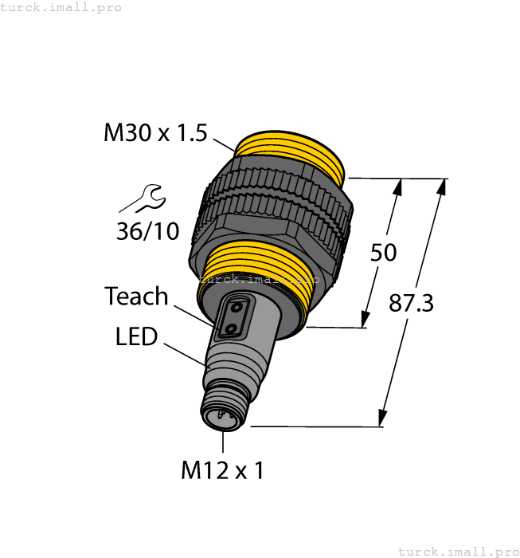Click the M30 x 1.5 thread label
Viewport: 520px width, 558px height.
pos(154,133)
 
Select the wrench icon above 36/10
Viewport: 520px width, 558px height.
pos(148,197)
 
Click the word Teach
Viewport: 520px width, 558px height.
pos(136,297)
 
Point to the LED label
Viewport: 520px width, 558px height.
pos(136,337)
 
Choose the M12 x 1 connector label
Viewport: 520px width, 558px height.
pos(222,471)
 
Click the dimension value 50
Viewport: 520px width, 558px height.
pos(383,253)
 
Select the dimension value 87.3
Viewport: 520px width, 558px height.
pos(411,303)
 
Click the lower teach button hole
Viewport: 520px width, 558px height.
pos(230,328)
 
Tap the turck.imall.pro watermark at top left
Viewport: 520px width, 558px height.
pos(61,7)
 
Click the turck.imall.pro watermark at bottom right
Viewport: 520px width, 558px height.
pos(457,551)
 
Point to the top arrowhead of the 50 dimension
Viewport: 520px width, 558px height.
pos(397,187)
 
